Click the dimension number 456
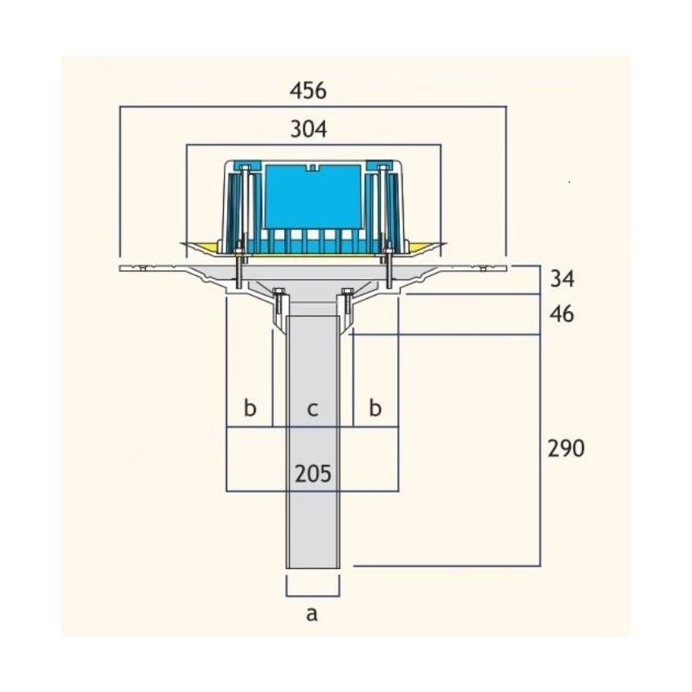click(308, 91)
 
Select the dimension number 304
click(309, 129)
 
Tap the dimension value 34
click(562, 278)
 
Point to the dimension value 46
click(562, 314)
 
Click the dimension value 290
click(567, 449)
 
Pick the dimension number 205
click(313, 474)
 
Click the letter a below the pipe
click(312, 614)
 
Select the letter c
click(313, 410)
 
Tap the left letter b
click(250, 407)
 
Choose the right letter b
click(374, 407)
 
